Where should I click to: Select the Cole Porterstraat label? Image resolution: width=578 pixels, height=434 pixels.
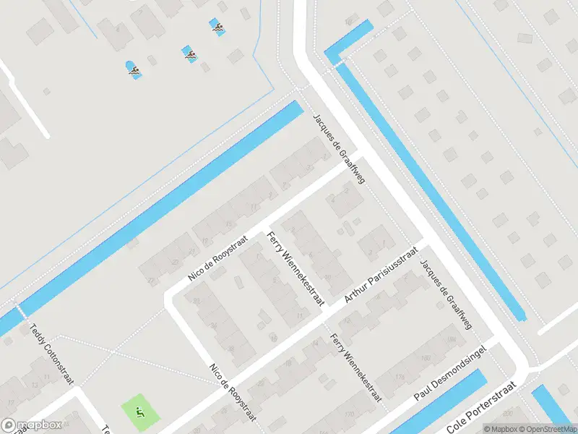pos(483,409)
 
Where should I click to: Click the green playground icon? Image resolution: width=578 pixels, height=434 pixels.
pos(139,412)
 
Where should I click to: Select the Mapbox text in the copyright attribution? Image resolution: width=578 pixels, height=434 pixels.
pos(501,428)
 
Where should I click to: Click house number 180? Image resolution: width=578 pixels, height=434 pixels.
pos(426,358)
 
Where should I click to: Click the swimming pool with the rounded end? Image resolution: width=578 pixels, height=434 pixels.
pos(134,70)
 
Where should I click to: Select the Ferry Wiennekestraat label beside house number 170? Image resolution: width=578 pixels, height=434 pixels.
pos(356,369)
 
